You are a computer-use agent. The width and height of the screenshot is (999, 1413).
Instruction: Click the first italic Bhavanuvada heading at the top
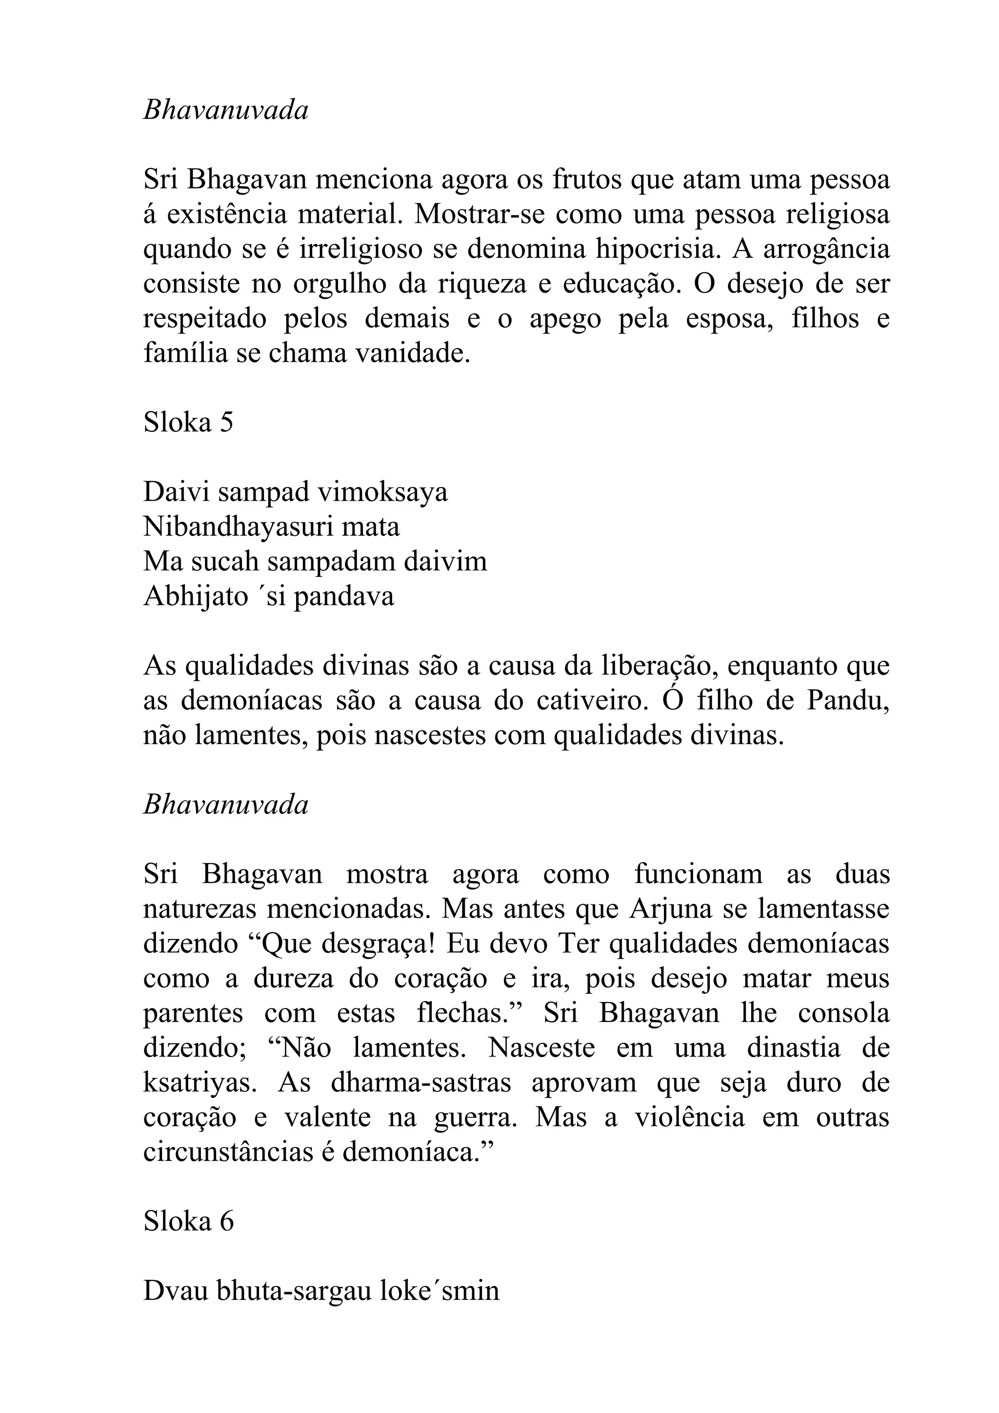click(225, 111)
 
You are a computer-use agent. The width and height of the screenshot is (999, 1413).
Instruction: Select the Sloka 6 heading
click(188, 1221)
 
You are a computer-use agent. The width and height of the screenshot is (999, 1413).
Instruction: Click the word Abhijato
click(196, 596)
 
